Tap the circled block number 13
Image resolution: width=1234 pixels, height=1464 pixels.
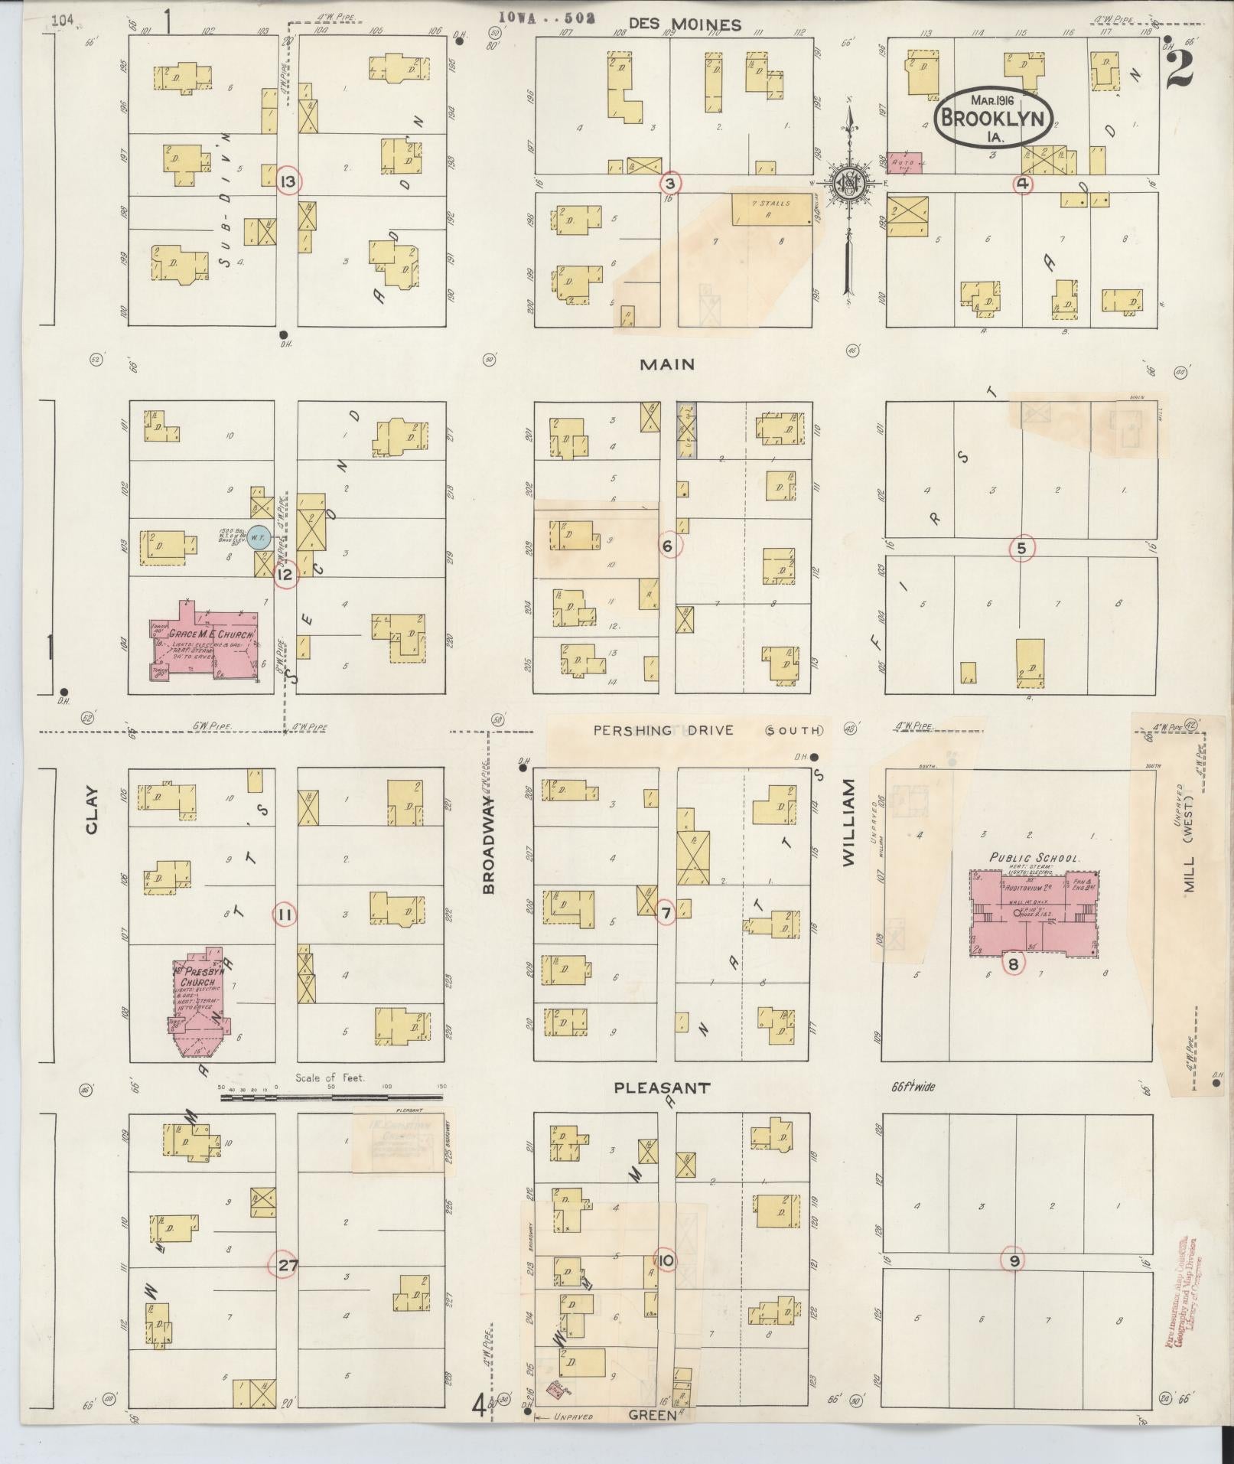click(288, 182)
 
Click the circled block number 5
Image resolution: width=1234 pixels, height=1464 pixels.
click(1021, 548)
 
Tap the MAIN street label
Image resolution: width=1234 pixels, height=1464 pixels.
click(667, 364)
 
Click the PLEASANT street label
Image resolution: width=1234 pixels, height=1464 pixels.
click(663, 1087)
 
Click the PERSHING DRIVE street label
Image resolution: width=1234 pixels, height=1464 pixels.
click(663, 730)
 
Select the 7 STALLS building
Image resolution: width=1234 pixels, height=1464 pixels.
click(772, 208)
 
